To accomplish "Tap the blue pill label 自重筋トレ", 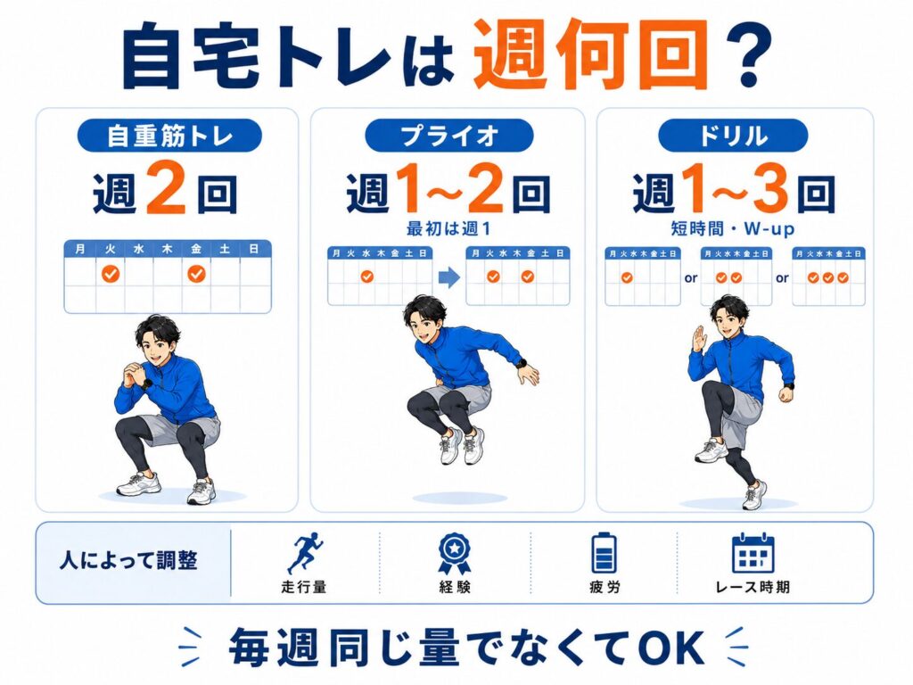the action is point(169,136).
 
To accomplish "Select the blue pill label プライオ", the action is point(449,136).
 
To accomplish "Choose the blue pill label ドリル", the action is point(733,136).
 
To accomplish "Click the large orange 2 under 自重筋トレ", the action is point(166,187).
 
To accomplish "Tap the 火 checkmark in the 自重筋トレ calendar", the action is point(111,273).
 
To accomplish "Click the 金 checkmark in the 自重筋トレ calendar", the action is point(196,273).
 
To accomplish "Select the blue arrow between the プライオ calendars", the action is point(449,277).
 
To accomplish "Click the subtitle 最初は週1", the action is point(448,229).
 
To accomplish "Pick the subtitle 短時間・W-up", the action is point(733,228).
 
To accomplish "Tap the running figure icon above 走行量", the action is point(305,552).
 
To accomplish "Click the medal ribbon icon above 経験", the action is point(454,553).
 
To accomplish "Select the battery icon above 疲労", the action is point(604,553).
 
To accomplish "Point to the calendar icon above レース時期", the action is point(753,553).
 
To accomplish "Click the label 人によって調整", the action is point(128,560).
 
